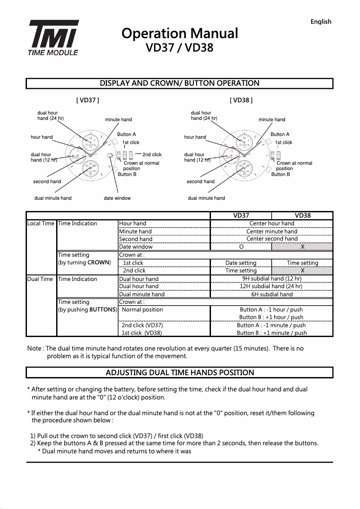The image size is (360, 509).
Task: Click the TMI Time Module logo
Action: tap(54, 38)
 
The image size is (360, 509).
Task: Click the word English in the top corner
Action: tap(320, 22)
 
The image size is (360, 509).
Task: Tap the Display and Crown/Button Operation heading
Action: tap(180, 83)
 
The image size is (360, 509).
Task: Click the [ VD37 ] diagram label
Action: tap(88, 100)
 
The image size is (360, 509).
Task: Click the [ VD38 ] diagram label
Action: tap(241, 100)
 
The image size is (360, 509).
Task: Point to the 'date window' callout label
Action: tap(117, 198)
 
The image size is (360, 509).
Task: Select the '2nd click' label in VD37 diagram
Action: tap(152, 155)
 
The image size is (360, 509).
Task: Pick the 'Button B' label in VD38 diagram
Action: tap(281, 174)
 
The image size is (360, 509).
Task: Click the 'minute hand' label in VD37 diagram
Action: tap(119, 120)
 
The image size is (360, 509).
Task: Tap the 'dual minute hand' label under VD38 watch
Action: tap(206, 198)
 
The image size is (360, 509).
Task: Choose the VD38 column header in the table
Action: tap(303, 215)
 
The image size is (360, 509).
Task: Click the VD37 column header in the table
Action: tap(241, 215)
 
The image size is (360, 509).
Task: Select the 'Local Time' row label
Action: tap(41, 224)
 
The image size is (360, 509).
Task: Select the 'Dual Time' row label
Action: tap(40, 279)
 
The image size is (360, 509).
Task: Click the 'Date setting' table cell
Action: tap(241, 263)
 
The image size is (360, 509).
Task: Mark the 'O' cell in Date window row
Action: tap(241, 247)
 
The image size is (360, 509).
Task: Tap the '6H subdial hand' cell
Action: tap(272, 294)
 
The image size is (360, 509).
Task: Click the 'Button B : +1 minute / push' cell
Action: tap(272, 333)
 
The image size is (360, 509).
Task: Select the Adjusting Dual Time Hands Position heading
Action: tap(180, 373)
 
